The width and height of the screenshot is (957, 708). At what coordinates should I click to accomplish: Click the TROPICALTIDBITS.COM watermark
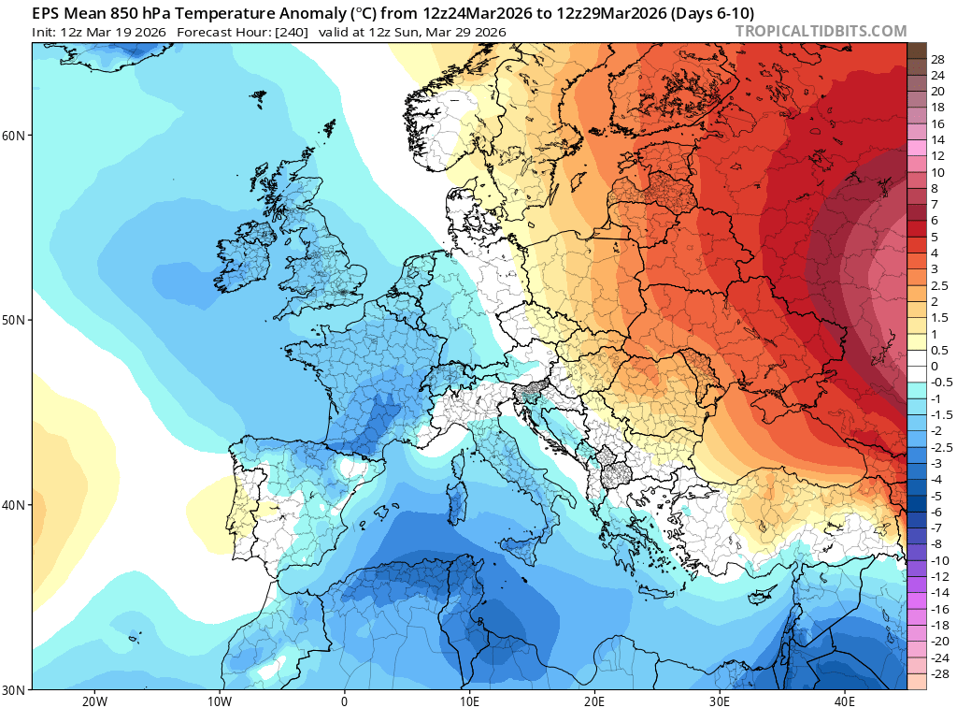click(x=821, y=31)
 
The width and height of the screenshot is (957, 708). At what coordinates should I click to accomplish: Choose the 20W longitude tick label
click(x=94, y=701)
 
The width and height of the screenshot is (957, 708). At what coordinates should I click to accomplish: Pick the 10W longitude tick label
click(x=220, y=701)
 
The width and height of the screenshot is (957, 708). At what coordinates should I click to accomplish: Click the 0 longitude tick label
click(x=345, y=701)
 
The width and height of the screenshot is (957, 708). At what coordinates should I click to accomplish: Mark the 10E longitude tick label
click(x=469, y=701)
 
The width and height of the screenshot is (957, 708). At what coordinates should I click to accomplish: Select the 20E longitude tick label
click(x=594, y=701)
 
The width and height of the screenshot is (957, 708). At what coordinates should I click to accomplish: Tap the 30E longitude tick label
click(x=720, y=701)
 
